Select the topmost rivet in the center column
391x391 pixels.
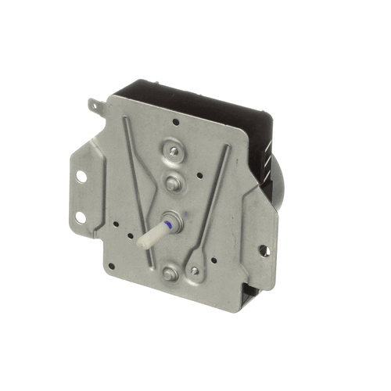click(172, 151)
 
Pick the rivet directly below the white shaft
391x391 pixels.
click(171, 271)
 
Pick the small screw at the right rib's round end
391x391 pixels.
click(194, 271)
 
